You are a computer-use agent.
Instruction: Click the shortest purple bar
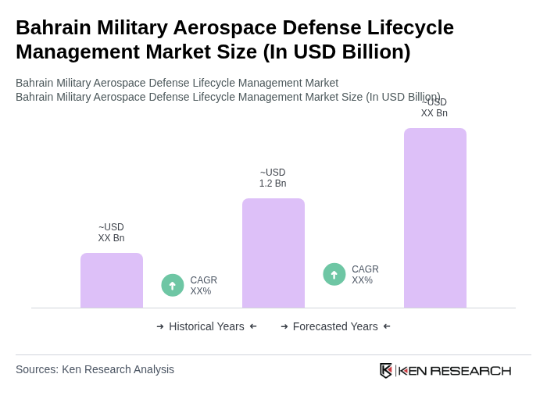(111, 280)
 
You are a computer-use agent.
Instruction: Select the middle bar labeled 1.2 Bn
(273, 253)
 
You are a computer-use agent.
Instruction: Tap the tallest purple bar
(434, 218)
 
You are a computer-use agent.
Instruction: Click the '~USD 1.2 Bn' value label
(273, 178)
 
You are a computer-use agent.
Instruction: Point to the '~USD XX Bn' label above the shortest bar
(111, 233)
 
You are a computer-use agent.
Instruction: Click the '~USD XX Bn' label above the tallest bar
(434, 108)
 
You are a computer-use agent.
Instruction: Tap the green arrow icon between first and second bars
(173, 285)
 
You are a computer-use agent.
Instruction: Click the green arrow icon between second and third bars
(334, 274)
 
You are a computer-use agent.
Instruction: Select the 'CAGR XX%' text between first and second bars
(203, 286)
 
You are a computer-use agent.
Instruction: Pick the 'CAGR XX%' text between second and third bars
(365, 275)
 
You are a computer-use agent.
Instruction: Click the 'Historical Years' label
(206, 326)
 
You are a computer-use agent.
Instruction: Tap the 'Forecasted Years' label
(335, 326)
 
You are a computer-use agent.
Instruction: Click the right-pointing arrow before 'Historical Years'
(160, 326)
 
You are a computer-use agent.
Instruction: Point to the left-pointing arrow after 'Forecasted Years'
(387, 326)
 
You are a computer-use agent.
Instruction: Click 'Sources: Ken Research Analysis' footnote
(95, 369)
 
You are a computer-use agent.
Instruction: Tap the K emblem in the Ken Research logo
(386, 370)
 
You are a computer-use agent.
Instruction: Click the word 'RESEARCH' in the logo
(470, 370)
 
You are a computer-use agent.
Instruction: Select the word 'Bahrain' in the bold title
(53, 27)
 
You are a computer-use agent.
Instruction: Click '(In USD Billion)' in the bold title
(336, 52)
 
